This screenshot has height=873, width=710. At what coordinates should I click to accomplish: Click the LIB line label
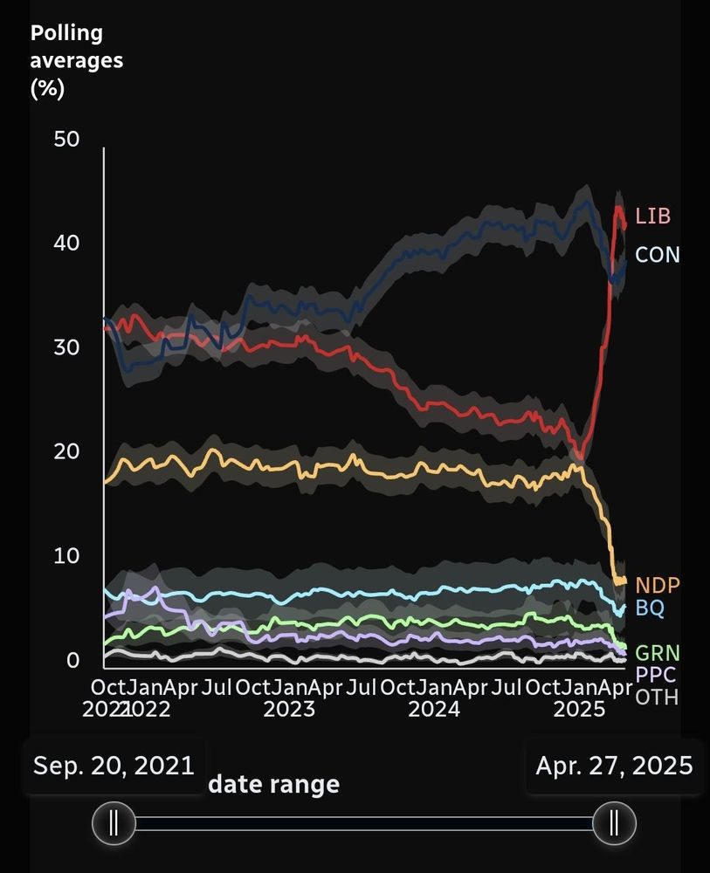pos(653,216)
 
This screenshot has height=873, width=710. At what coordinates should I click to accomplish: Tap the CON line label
pos(657,255)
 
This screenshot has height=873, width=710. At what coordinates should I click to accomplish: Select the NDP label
pos(657,586)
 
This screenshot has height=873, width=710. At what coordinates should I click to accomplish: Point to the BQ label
pos(649,608)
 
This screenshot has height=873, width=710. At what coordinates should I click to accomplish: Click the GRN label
pos(657,653)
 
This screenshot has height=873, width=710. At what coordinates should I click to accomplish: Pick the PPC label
pos(655,675)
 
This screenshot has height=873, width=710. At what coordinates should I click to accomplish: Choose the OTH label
pos(657,697)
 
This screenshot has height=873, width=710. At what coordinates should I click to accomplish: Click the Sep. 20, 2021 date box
pos(114,766)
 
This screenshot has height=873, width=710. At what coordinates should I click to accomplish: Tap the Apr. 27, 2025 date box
pos(614,766)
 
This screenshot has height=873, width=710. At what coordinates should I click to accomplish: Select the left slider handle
pos(114,822)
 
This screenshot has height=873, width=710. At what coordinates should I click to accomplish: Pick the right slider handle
pos(614,822)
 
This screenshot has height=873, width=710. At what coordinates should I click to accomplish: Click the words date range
pos(273,784)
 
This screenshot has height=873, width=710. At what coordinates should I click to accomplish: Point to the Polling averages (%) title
pos(77,60)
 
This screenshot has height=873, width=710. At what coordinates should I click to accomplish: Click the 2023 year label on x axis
pos(289,708)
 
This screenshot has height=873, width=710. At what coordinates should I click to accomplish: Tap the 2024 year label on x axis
pos(434,708)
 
